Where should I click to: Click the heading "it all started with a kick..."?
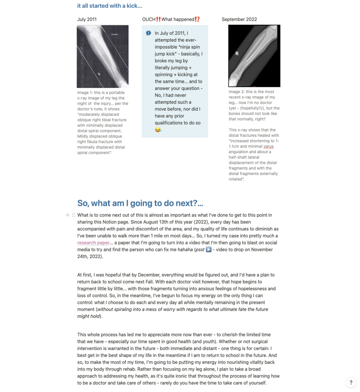[110, 6]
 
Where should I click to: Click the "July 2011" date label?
[87, 19]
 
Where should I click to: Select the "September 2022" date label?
[239, 19]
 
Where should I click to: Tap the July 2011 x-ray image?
[102, 56]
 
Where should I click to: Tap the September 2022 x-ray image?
[254, 55]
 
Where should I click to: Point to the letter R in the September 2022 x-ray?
[237, 53]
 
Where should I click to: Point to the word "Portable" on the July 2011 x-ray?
[114, 34]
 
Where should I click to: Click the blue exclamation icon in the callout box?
[148, 33]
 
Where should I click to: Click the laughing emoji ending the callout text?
[158, 130]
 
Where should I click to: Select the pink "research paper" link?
[93, 243]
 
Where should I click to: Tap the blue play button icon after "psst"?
[209, 250]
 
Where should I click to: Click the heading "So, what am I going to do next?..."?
[140, 203]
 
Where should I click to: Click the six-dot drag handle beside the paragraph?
[73, 215]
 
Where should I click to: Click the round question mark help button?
[351, 382]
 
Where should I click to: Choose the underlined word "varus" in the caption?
[268, 146]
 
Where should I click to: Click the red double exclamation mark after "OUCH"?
[158, 19]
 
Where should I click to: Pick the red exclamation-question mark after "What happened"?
[197, 19]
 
